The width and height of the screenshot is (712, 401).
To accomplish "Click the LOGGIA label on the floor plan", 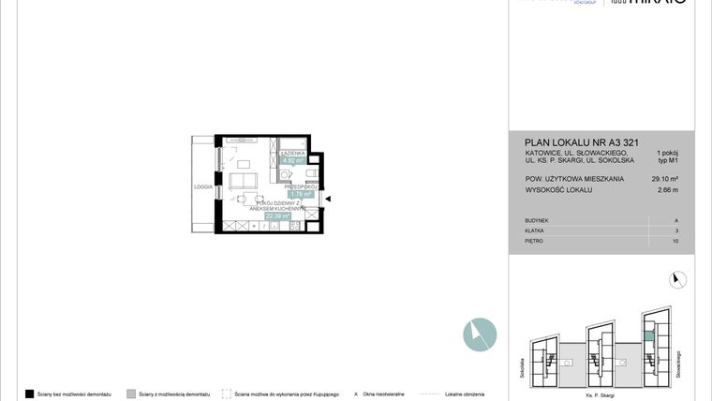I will (203, 186).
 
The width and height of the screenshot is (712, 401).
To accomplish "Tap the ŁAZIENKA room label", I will (290, 151).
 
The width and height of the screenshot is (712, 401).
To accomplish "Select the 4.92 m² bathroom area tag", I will (291, 159).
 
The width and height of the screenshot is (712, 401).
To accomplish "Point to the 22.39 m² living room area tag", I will (277, 215).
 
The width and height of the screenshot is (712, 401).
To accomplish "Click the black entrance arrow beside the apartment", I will (328, 198).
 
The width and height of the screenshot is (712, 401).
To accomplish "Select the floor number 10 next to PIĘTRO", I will (675, 241).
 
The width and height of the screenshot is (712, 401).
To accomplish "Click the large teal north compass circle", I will (480, 334).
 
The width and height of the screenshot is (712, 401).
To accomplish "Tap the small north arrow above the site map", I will (679, 278).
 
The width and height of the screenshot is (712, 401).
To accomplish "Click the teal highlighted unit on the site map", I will (648, 336).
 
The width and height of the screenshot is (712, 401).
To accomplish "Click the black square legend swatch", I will (30, 394).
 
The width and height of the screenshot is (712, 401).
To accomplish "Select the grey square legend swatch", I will (131, 394).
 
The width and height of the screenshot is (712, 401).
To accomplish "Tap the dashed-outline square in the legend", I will (227, 394).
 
